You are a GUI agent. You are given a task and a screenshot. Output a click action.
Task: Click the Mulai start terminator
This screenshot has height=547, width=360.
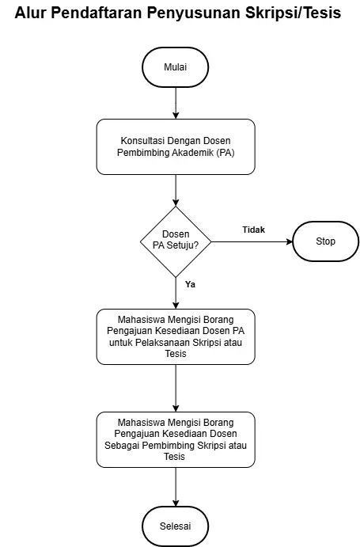click(176, 67)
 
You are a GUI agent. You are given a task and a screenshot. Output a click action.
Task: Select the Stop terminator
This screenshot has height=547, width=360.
click(325, 241)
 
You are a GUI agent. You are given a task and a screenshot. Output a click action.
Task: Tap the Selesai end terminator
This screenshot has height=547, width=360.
click(176, 526)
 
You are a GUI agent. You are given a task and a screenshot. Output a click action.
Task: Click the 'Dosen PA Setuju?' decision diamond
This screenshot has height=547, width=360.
click(176, 241)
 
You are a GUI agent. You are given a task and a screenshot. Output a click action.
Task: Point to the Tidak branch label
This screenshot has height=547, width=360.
click(254, 230)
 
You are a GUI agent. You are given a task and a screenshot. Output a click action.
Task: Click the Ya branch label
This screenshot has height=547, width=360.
click(190, 284)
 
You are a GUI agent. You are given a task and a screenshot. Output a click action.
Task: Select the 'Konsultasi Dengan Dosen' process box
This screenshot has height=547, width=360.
click(176, 147)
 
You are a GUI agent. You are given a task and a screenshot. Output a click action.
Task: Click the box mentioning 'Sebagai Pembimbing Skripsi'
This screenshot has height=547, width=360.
click(176, 439)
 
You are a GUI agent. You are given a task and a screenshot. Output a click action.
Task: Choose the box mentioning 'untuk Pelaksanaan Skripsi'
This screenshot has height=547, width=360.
click(176, 336)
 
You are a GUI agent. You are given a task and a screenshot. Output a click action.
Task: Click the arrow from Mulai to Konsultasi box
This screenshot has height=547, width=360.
click(176, 103)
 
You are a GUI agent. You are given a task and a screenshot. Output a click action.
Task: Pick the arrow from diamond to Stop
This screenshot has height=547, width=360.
click(252, 241)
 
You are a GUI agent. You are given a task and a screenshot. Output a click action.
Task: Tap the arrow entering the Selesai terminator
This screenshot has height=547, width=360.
click(176, 487)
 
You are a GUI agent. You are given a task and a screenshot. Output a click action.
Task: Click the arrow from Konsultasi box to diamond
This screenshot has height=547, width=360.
click(176, 191)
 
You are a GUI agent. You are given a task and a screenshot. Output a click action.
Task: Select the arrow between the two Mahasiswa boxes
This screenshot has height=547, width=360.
click(176, 388)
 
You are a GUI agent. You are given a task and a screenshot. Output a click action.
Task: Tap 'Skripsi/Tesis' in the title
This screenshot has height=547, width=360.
click(293, 13)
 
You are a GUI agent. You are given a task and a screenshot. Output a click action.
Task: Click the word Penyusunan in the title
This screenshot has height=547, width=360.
click(194, 13)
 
